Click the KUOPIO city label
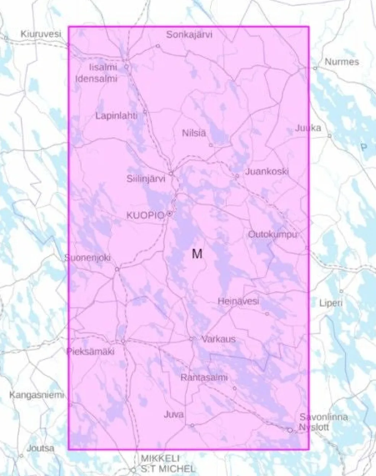pos(145,215)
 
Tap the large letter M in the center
pos(197,254)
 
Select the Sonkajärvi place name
pos(189,35)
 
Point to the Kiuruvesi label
pos(41,34)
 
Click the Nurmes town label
pos(342,62)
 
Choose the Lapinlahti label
pos(116,116)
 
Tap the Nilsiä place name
pos(194,133)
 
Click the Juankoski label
pos(267,171)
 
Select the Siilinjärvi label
pos(146,178)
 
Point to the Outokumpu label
pos(272,234)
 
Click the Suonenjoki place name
pos(88,258)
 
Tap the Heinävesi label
pos(238,301)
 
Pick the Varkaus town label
pos(219,339)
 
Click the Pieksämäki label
pos(91,352)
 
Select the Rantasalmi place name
pos(204,378)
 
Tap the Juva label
pos(173,414)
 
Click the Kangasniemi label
pos(36,394)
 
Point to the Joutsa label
pos(41,448)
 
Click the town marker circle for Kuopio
pos(169,214)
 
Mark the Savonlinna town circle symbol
pos(290,430)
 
